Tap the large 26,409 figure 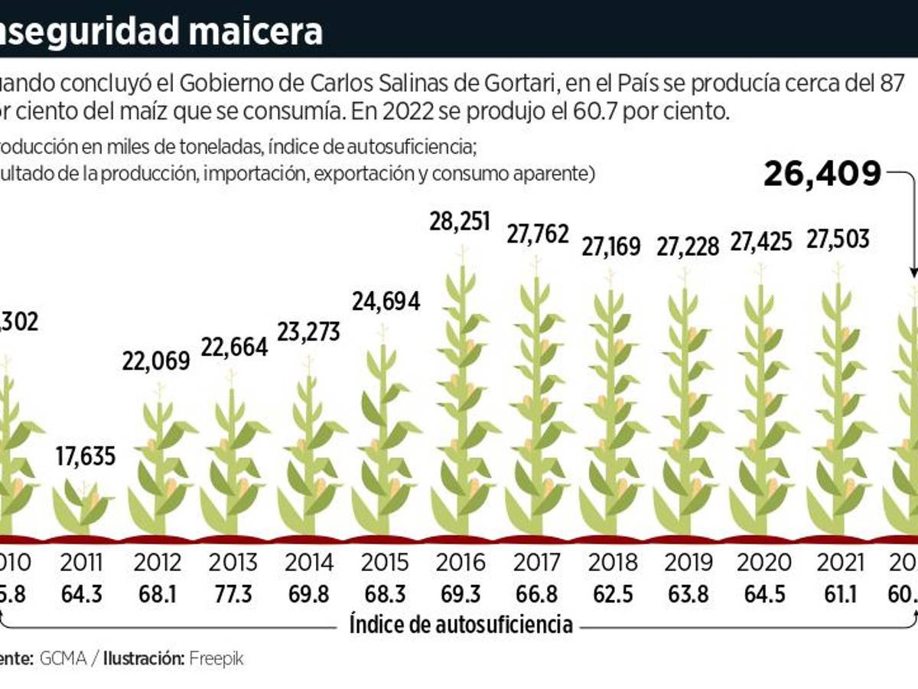[822, 175]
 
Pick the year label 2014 [309, 563]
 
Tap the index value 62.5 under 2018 [612, 593]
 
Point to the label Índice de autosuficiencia [461, 625]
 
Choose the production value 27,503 [837, 239]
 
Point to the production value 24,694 [386, 301]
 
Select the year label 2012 [158, 563]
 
